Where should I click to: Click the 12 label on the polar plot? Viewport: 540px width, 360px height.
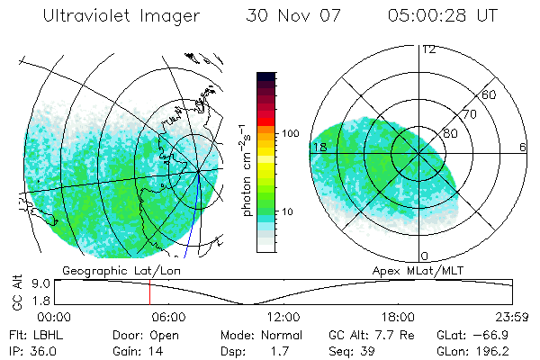click(x=429, y=49)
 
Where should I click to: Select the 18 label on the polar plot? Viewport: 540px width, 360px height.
click(x=319, y=147)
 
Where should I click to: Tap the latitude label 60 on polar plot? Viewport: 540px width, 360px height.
click(x=490, y=94)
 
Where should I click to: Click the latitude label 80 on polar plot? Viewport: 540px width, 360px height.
click(x=451, y=133)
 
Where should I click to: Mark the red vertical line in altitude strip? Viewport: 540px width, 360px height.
click(x=149, y=292)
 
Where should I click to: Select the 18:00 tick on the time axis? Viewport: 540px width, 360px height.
click(x=398, y=318)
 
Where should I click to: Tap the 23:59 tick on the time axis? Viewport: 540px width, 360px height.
click(x=511, y=318)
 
